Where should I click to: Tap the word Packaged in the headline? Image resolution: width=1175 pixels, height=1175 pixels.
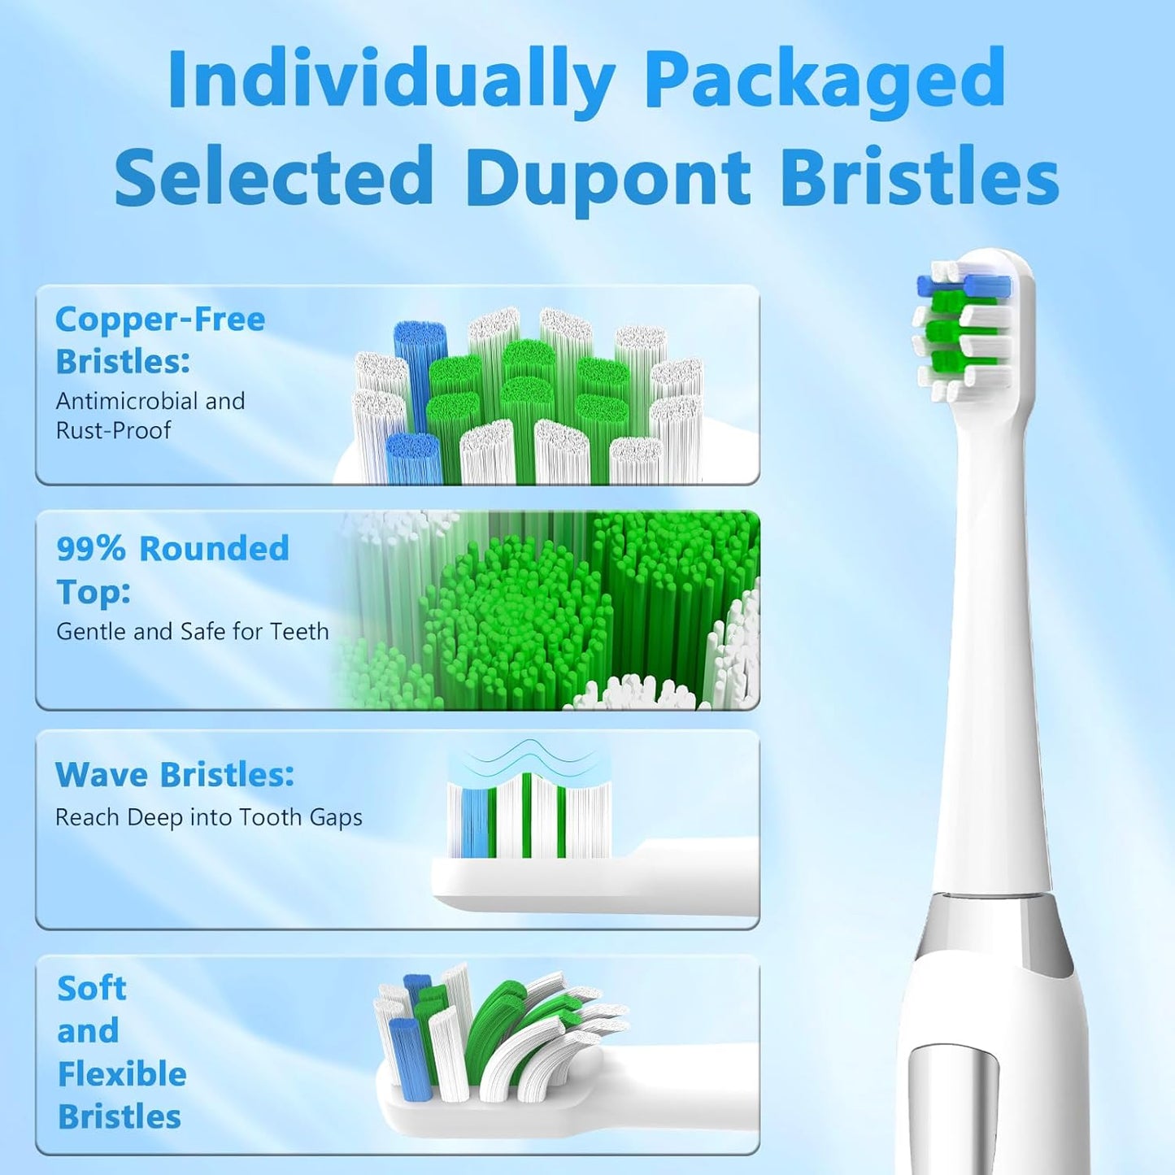point(825,79)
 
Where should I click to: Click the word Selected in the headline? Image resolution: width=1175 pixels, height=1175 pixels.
point(274,177)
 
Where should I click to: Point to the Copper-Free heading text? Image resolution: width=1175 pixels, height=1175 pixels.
point(160,320)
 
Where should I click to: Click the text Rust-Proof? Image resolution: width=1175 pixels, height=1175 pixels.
point(113,430)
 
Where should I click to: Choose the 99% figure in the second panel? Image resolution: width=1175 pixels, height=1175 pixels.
point(90,549)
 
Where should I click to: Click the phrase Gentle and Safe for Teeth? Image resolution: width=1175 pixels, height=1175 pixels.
point(192,631)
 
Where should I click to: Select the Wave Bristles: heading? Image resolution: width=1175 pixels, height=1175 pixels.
point(174,775)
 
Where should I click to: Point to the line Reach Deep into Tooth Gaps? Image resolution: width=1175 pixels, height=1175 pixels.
point(208,817)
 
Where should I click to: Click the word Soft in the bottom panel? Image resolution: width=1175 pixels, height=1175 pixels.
point(92,989)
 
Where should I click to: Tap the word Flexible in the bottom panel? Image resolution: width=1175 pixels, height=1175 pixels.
point(122,1074)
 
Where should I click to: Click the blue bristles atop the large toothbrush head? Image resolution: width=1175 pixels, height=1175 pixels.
point(965,285)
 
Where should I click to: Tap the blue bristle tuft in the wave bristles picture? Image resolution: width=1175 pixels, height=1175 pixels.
point(475,821)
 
